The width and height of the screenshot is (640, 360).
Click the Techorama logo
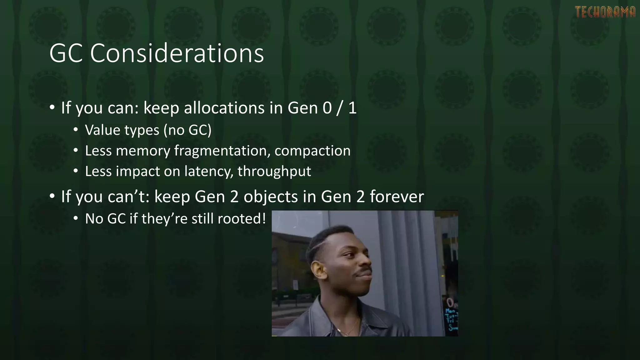pyautogui.click(x=605, y=12)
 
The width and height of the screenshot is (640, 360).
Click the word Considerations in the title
pyautogui.click(x=177, y=53)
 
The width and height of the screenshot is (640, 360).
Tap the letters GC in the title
pyautogui.click(x=66, y=53)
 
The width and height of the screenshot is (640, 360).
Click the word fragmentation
pyautogui.click(x=222, y=151)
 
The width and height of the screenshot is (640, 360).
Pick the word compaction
pyautogui.click(x=312, y=151)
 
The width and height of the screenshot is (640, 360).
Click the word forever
pyautogui.click(x=397, y=197)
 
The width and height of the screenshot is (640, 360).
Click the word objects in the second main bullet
pyautogui.click(x=271, y=197)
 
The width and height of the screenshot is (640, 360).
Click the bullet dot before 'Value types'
pyautogui.click(x=76, y=129)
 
